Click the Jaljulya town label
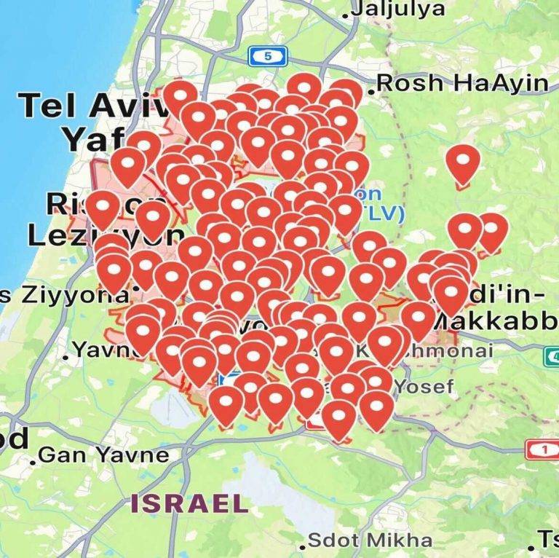(x=399, y=9)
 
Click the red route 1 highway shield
(x=542, y=449)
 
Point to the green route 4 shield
(x=552, y=356)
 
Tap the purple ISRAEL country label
(x=189, y=503)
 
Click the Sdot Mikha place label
(x=370, y=541)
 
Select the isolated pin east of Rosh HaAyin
(x=463, y=162)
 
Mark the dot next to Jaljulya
(x=349, y=12)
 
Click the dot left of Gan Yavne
(x=33, y=460)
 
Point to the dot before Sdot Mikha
(x=302, y=546)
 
